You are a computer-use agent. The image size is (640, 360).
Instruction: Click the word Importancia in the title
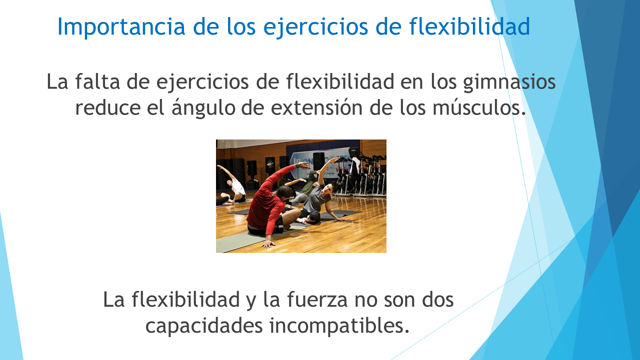pyautogui.click(x=121, y=26)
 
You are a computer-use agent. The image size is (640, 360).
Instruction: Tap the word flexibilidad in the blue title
pyautogui.click(x=469, y=26)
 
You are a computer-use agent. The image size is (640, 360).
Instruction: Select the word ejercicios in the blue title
pyautogui.click(x=315, y=27)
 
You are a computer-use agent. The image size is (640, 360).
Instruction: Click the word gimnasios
pyautogui.click(x=509, y=82)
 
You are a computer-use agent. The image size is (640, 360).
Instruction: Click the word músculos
pyautogui.click(x=479, y=107)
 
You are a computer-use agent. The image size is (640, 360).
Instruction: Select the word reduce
pyautogui.click(x=107, y=107)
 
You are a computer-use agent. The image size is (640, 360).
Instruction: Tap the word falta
pyautogui.click(x=97, y=81)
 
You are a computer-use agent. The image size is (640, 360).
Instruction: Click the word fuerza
pyautogui.click(x=317, y=299)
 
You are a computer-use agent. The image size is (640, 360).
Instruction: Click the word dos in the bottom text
pyautogui.click(x=437, y=299)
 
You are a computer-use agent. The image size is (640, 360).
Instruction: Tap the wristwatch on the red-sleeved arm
pyautogui.click(x=297, y=165)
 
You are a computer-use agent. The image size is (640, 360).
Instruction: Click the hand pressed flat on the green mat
pyautogui.click(x=268, y=243)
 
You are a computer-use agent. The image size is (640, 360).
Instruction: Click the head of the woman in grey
pyautogui.click(x=328, y=189)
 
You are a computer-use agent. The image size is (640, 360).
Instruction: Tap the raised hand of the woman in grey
pyautogui.click(x=335, y=158)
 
